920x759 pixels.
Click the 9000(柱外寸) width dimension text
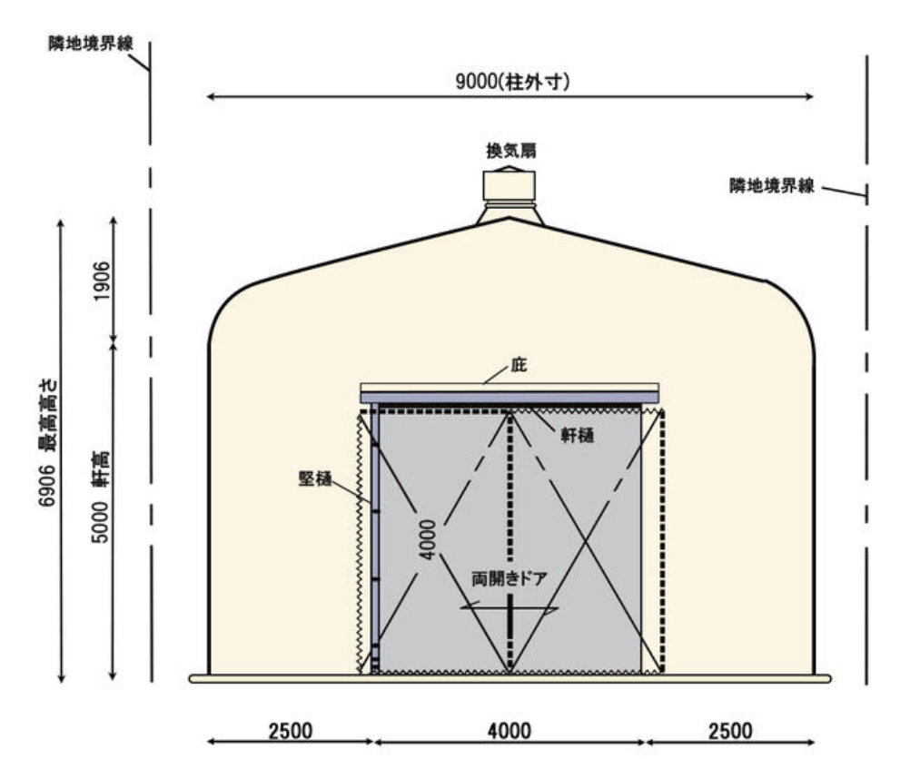coord(512,82)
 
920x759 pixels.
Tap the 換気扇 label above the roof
coord(511,151)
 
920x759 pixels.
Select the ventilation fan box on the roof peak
coord(509,185)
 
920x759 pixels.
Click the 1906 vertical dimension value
coord(102,281)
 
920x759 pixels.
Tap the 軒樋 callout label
coord(578,435)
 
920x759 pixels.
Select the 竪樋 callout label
coord(315,478)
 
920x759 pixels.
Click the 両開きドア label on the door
coord(509,579)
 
